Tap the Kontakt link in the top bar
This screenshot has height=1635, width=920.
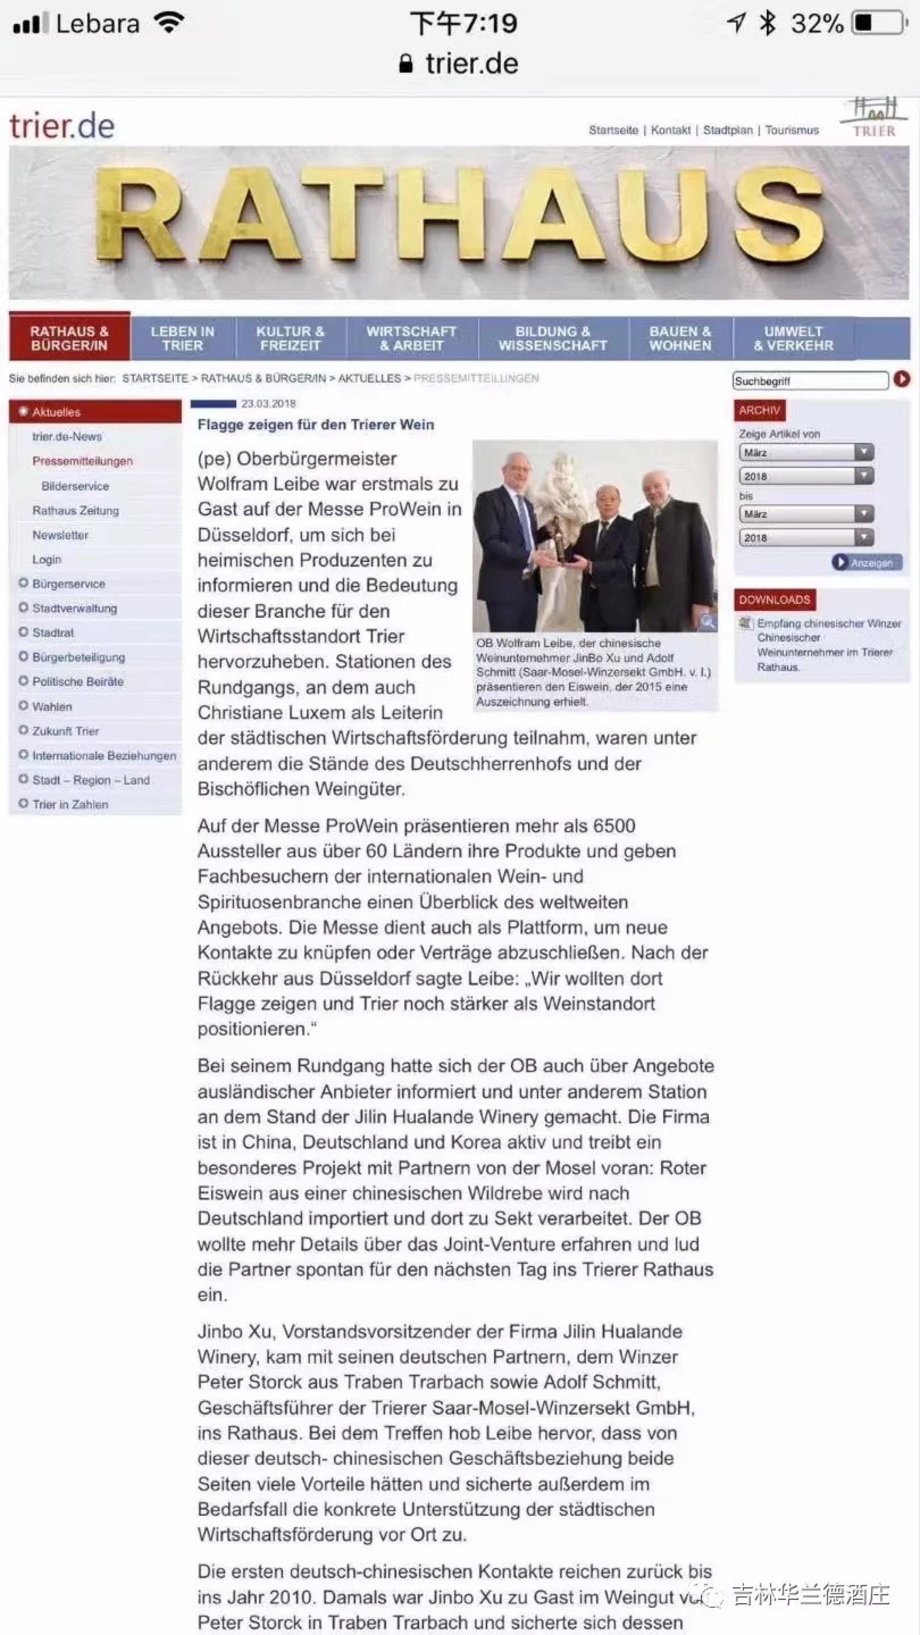pyautogui.click(x=671, y=130)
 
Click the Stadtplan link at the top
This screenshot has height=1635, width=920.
pyautogui.click(x=727, y=130)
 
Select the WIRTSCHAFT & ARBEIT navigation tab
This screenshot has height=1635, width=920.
pyautogui.click(x=411, y=338)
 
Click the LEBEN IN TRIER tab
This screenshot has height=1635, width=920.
pyautogui.click(x=182, y=338)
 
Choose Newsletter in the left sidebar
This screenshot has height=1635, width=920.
pyautogui.click(x=60, y=535)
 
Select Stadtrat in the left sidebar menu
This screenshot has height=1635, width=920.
pyautogui.click(x=53, y=633)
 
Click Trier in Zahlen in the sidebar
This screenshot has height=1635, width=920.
pyautogui.click(x=70, y=804)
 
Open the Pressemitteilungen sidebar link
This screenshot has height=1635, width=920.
pyautogui.click(x=82, y=461)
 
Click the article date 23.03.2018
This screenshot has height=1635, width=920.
pyautogui.click(x=268, y=404)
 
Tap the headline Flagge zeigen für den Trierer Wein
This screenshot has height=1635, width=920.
pyautogui.click(x=316, y=425)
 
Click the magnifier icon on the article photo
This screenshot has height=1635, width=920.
pyautogui.click(x=707, y=622)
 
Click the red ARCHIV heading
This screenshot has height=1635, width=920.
pyautogui.click(x=759, y=410)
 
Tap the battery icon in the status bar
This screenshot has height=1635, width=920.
pyautogui.click(x=879, y=23)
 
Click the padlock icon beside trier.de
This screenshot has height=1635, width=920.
pyautogui.click(x=405, y=64)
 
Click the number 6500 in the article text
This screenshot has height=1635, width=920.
pyautogui.click(x=614, y=826)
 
